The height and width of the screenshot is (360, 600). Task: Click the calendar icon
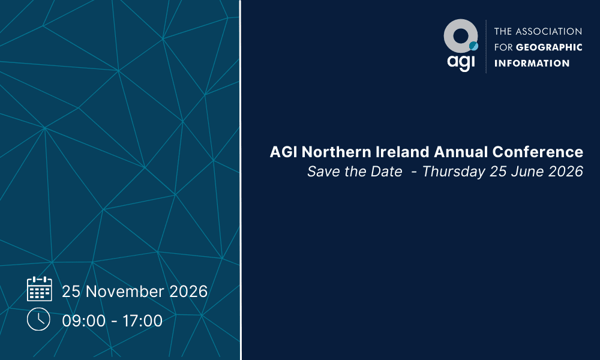[40, 289]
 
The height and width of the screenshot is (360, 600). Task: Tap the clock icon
[38, 319]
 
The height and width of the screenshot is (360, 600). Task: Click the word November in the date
[125, 292]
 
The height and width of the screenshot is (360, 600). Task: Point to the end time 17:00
[143, 321]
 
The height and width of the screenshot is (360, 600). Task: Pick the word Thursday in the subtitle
[454, 172]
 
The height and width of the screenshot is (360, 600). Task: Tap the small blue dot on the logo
[473, 46]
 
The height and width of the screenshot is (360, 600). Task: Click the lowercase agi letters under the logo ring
[460, 62]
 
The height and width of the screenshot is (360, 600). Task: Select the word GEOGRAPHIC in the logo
[549, 47]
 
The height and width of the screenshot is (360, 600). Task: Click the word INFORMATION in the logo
[531, 63]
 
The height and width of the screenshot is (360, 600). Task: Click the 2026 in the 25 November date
[188, 292]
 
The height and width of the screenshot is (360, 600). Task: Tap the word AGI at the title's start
[282, 152]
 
